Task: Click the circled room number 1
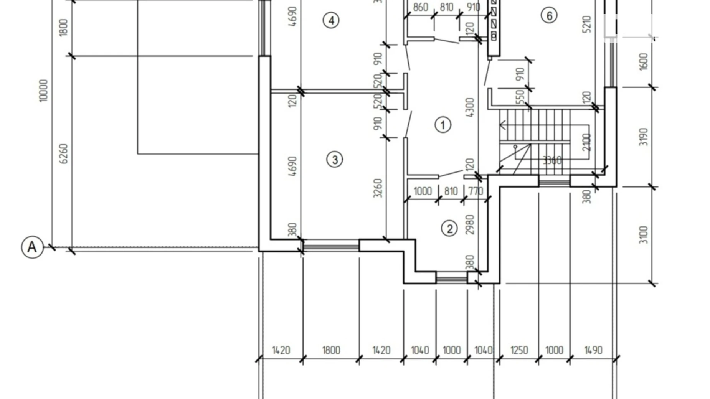[443, 125]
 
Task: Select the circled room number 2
[449, 229]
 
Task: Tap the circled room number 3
[334, 159]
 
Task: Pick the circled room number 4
[331, 20]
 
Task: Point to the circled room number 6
[549, 16]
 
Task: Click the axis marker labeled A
[32, 247]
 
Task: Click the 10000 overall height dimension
[43, 91]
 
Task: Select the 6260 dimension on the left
[64, 153]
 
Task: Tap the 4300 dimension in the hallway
[469, 107]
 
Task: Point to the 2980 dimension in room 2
[469, 224]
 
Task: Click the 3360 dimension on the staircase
[552, 160]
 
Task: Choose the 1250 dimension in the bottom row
[519, 350]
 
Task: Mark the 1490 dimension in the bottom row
[593, 350]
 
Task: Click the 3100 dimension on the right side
[644, 235]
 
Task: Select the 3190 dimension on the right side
[644, 137]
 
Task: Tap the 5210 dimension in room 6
[587, 24]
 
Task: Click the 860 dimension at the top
[420, 7]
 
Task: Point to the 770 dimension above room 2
[476, 191]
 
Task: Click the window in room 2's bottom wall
[451, 277]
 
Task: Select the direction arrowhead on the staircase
[502, 125]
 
